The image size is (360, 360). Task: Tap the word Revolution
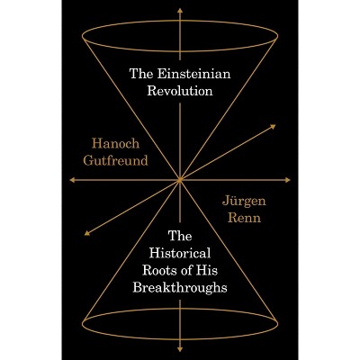[x=180, y=91]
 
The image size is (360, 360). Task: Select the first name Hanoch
[x=116, y=143]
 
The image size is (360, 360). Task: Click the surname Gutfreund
[x=116, y=160]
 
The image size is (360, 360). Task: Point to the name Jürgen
[x=244, y=201]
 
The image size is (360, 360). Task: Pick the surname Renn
[x=244, y=218]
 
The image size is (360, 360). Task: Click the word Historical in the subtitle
[x=180, y=253]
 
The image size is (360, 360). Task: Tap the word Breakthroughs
[x=180, y=287]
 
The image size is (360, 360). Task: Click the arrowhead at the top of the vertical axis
[x=180, y=11]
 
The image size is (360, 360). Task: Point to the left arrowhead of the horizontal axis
[x=72, y=180]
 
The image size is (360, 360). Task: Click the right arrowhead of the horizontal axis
[x=288, y=180]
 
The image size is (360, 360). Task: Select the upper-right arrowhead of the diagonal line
[x=273, y=126]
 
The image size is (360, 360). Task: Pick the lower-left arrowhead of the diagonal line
[x=87, y=233]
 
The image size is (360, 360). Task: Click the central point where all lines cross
[x=180, y=180]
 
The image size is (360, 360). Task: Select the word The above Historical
[x=180, y=236]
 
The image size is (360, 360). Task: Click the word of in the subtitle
[x=187, y=270]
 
